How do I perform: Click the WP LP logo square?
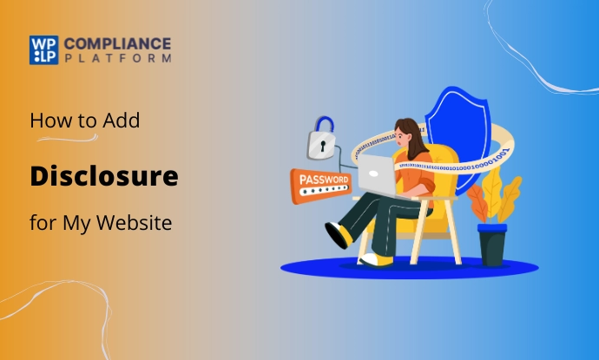click(x=44, y=49)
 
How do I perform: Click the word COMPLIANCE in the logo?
click(x=117, y=43)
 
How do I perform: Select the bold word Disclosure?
click(x=104, y=177)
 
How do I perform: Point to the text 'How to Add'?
click(x=85, y=121)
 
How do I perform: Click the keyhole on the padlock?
click(x=322, y=144)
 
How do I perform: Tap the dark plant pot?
click(x=491, y=244)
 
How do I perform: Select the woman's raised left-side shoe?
click(x=339, y=233)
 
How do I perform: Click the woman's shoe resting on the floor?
click(x=377, y=259)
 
